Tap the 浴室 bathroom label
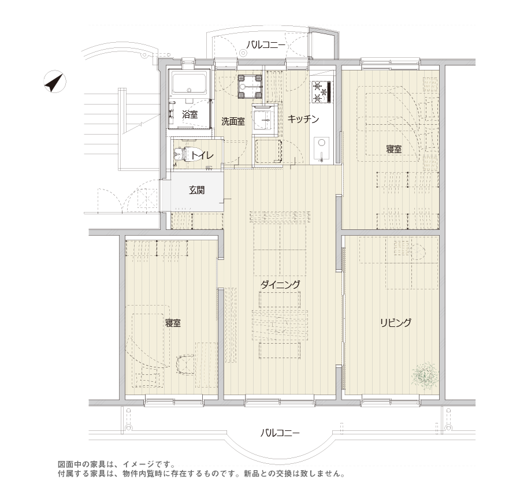(x=190, y=114)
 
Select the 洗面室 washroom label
(x=233, y=121)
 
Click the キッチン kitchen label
(x=303, y=119)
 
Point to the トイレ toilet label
(x=202, y=155)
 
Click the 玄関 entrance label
(x=196, y=189)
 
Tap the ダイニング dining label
(x=280, y=284)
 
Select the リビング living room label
(x=395, y=322)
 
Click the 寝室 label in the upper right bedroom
(x=394, y=149)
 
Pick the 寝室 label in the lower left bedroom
(x=173, y=322)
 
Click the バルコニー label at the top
(x=263, y=44)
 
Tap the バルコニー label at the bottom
(x=279, y=433)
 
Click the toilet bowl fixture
(x=181, y=155)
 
